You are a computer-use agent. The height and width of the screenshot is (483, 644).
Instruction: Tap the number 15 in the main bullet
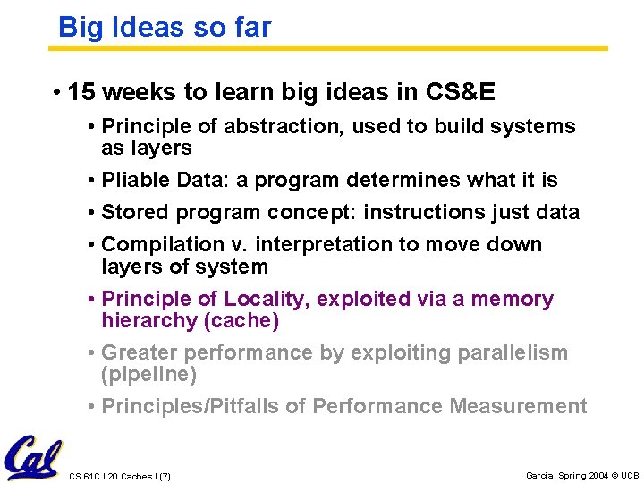[x=80, y=92]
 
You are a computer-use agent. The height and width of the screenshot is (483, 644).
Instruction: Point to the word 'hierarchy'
[x=149, y=320]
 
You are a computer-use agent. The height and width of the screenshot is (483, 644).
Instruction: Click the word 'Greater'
[x=140, y=352]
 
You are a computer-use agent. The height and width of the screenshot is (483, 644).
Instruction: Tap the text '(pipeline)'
[x=149, y=374]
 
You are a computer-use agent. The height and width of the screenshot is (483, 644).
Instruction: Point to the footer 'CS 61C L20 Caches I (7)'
[x=119, y=476]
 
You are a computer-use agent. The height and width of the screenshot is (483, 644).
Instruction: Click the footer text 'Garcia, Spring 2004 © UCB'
[x=582, y=475]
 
